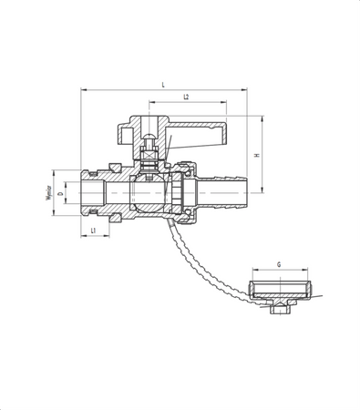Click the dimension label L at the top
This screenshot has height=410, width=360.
[x=163, y=84]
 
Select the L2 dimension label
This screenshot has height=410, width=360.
[x=186, y=97]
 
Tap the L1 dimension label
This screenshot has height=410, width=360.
[x=94, y=231]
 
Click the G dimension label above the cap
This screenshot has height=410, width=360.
[x=279, y=265]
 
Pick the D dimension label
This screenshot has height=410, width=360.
[x=60, y=194]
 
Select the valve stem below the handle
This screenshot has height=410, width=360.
[x=151, y=155]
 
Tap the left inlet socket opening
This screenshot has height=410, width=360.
[x=95, y=193]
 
